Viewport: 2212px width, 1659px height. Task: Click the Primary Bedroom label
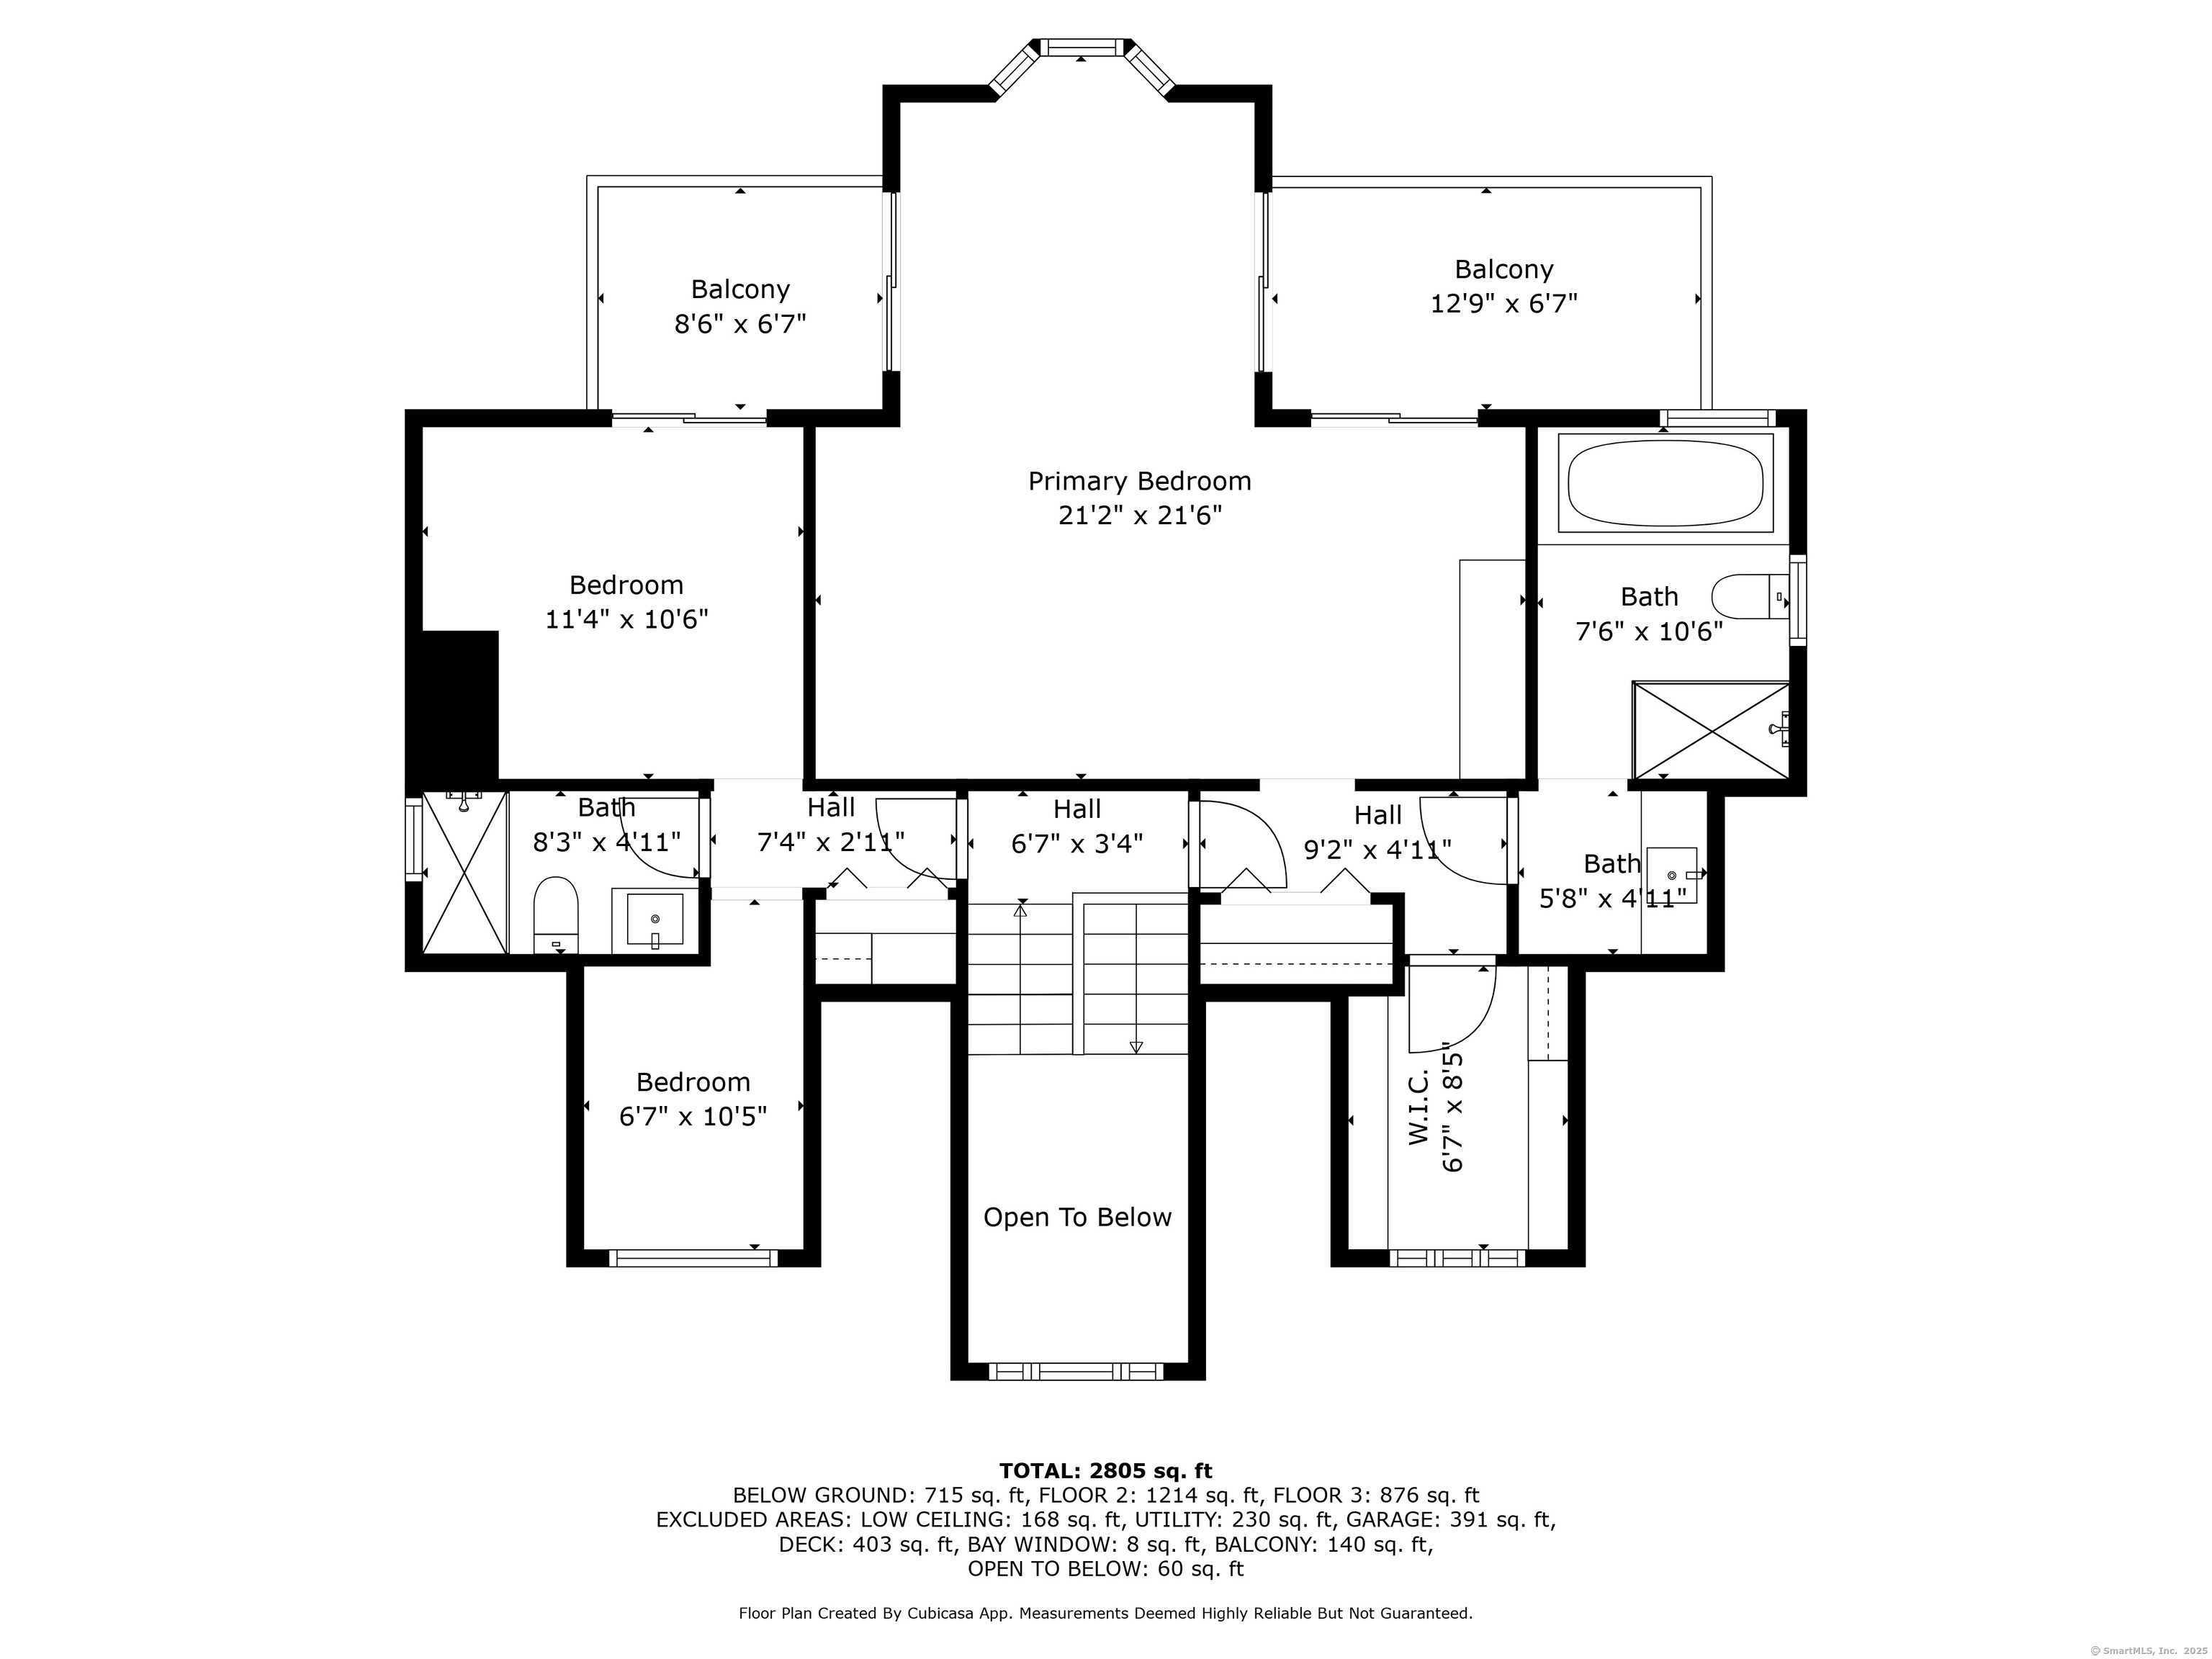[1139, 481]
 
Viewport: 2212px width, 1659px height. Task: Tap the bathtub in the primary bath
[1665, 483]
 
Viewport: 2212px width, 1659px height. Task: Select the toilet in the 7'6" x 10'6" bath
[1750, 597]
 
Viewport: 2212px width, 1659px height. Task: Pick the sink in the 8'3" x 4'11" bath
[655, 919]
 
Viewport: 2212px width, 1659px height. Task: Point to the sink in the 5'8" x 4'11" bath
[1672, 875]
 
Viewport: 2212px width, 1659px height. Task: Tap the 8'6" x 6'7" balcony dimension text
[740, 324]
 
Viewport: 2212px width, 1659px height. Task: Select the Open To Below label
[1077, 1217]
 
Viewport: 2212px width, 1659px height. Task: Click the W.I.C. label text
[1421, 1118]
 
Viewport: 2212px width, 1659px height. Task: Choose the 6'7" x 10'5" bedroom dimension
[693, 1116]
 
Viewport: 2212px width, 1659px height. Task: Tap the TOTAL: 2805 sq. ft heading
[1105, 1470]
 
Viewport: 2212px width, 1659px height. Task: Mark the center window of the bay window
[1081, 47]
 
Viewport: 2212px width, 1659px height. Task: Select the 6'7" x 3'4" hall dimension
[1077, 844]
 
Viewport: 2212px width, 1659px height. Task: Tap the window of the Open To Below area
[1077, 1371]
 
